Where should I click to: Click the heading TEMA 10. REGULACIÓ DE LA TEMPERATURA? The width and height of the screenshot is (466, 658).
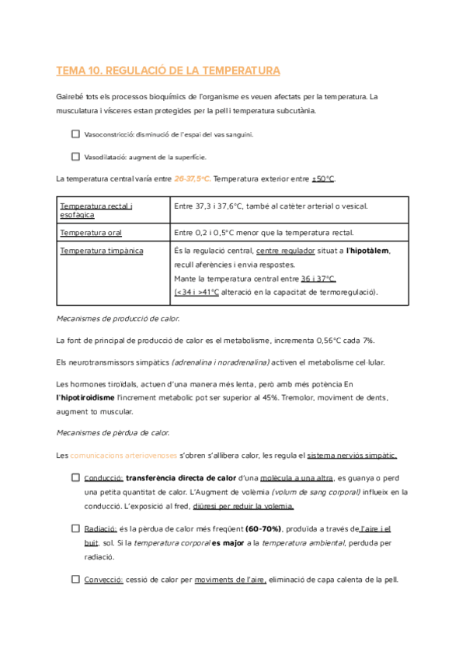tap(168, 71)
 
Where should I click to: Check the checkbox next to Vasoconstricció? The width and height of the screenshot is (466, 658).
tap(75, 133)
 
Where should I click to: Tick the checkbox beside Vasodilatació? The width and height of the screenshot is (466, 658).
tap(75, 156)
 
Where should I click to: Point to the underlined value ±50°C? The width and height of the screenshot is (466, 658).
tap(322, 178)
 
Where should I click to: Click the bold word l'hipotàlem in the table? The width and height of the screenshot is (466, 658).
tap(367, 251)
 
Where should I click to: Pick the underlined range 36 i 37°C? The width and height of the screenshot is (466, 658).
tap(318, 279)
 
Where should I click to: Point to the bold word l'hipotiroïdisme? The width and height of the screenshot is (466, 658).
tap(89, 397)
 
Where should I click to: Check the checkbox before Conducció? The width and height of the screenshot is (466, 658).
tap(75, 478)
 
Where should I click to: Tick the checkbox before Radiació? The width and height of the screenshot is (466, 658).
tap(75, 528)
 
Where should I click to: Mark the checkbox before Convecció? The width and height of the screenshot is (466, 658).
tap(75, 579)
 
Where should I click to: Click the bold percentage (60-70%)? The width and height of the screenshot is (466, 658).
tap(263, 528)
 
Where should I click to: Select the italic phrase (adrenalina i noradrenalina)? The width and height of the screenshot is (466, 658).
tap(220, 362)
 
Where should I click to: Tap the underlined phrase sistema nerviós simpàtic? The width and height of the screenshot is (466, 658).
tap(353, 455)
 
